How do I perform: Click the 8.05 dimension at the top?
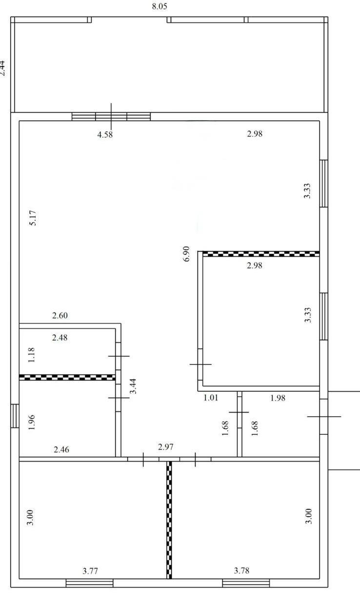pyautogui.click(x=160, y=6)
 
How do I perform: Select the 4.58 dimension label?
pyautogui.click(x=105, y=134)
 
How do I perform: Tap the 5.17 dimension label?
pyautogui.click(x=33, y=218)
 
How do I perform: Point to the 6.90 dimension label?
pyautogui.click(x=186, y=254)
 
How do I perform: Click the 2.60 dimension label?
pyautogui.click(x=60, y=315)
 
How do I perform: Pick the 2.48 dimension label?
pyautogui.click(x=60, y=338)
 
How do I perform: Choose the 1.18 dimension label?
pyautogui.click(x=31, y=355)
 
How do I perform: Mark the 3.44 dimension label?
pyautogui.click(x=133, y=386)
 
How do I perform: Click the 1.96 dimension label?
pyautogui.click(x=31, y=422)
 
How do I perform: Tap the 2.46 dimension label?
pyautogui.click(x=61, y=449)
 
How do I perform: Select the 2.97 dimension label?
pyautogui.click(x=165, y=447)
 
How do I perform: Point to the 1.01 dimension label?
pyautogui.click(x=211, y=398)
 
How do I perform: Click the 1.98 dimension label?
pyautogui.click(x=278, y=398)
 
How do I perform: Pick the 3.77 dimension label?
pyautogui.click(x=90, y=571)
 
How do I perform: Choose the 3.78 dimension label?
pyautogui.click(x=241, y=570)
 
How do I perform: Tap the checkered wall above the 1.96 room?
pyautogui.click(x=67, y=377)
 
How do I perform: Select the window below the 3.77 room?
pyautogui.click(x=89, y=583)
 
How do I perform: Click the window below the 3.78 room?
pyautogui.click(x=246, y=583)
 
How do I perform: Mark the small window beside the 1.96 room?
pyautogui.click(x=15, y=416)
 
